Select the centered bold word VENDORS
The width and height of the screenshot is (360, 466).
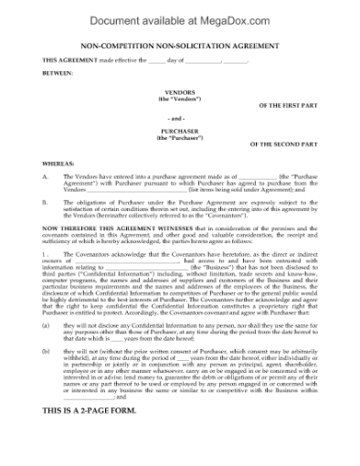coord(179,91)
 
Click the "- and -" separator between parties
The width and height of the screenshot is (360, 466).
coord(179,119)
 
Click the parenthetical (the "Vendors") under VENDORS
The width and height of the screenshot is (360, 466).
coord(179,98)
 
